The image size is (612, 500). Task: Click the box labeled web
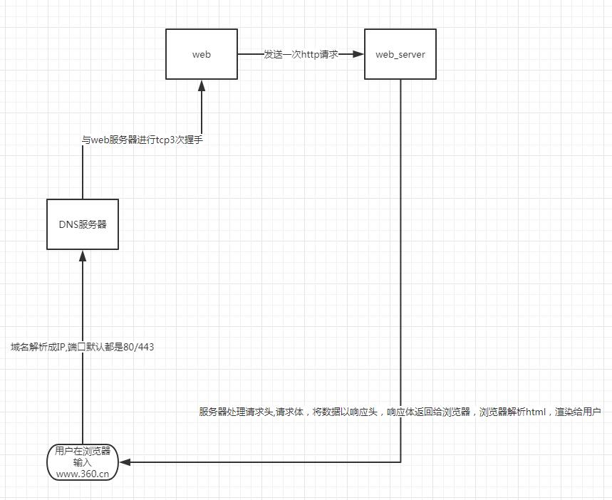pyautogui.click(x=202, y=54)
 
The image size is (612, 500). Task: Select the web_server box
pyautogui.click(x=400, y=54)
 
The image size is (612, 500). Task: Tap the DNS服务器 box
pyautogui.click(x=83, y=224)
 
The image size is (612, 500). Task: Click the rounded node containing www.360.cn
pyautogui.click(x=83, y=462)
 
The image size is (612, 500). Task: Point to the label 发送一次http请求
pyautogui.click(x=301, y=54)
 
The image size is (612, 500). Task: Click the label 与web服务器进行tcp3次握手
pyautogui.click(x=142, y=140)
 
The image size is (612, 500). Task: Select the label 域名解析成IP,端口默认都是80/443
pyautogui.click(x=83, y=347)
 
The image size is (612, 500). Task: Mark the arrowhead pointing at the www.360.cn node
pyautogui.click(x=125, y=462)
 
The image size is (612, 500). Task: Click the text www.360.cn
pyautogui.click(x=83, y=473)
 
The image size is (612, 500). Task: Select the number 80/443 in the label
pyautogui.click(x=138, y=347)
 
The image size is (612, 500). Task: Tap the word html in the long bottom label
pyautogui.click(x=534, y=412)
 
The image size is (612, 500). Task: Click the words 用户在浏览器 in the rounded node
pyautogui.click(x=83, y=451)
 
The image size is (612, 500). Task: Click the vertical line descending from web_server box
pyautogui.click(x=400, y=249)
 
